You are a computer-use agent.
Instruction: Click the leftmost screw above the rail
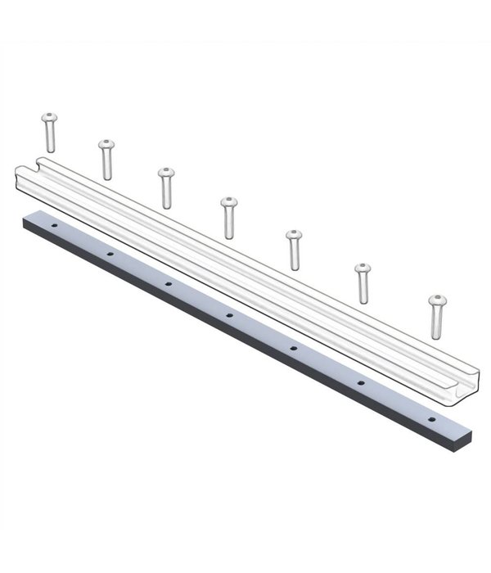(49, 131)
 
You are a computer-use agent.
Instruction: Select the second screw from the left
(106, 159)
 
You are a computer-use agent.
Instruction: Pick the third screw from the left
(166, 187)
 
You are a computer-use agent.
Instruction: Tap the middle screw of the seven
(228, 217)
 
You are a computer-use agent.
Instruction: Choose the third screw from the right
(294, 250)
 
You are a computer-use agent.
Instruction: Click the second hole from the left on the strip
(109, 253)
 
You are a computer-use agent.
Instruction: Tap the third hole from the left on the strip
(168, 283)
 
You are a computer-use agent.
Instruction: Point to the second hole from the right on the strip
(360, 382)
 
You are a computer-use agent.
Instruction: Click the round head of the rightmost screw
(439, 300)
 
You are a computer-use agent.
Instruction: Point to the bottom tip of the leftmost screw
(49, 149)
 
